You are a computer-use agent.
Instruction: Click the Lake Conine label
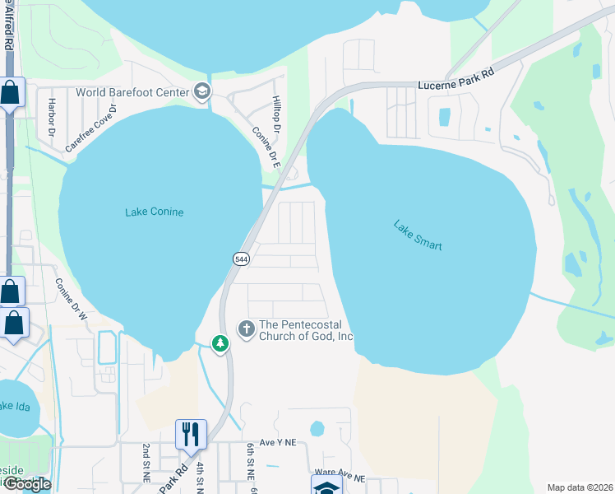coord(154,212)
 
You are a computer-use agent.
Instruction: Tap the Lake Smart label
coord(418,235)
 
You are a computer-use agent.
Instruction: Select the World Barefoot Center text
coord(132,92)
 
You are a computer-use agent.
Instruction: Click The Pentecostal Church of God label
coord(306,330)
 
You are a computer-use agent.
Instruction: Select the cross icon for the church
coord(246,329)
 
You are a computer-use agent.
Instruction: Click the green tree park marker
coord(220,343)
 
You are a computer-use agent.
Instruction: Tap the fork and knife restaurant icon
coord(191,433)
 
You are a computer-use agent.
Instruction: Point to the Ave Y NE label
coord(277,443)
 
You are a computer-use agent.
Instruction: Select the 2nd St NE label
coord(146,461)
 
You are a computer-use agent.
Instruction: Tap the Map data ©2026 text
coord(579,487)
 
